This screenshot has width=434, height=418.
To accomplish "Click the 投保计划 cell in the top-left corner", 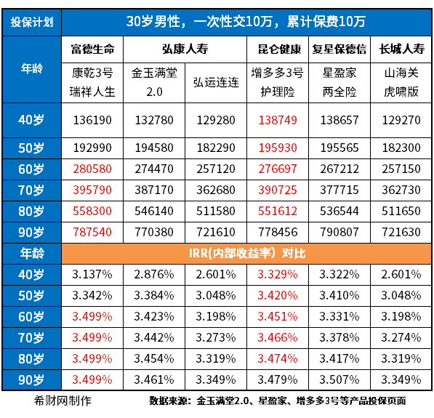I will click(x=31, y=20).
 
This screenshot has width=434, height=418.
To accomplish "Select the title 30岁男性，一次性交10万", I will click(x=247, y=20).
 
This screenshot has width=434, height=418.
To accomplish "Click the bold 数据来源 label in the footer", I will click(x=169, y=401).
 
